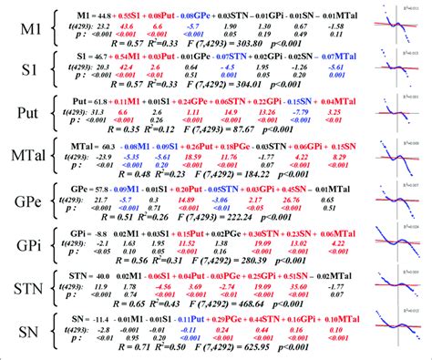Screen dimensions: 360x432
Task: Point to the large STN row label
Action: tap(25, 293)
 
